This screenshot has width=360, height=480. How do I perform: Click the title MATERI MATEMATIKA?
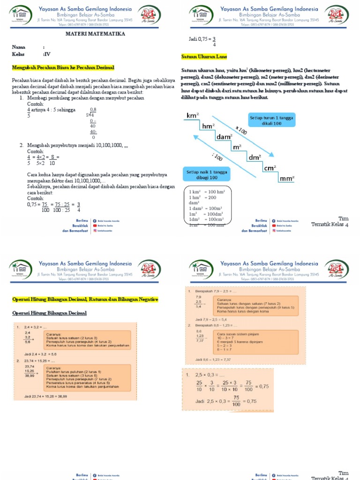tap(95, 34)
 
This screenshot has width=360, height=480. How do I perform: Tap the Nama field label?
tap(18, 47)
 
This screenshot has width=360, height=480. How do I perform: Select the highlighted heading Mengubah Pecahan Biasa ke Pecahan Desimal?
tap(63, 68)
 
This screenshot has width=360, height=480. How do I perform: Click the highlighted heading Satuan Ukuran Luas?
tap(204, 57)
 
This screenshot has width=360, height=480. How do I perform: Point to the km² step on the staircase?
tap(192, 115)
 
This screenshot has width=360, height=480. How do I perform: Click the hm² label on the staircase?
tap(208, 126)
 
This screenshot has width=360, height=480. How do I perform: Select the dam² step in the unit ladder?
tap(225, 137)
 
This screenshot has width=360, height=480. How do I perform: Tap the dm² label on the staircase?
tap(255, 157)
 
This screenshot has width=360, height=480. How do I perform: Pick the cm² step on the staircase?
tap(270, 168)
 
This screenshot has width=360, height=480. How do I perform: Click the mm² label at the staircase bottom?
tap(287, 179)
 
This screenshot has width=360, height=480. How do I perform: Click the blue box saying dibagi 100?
tap(207, 175)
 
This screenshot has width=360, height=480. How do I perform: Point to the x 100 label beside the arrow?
tap(241, 131)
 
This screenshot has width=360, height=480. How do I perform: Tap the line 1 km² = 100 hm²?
tap(207, 192)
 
